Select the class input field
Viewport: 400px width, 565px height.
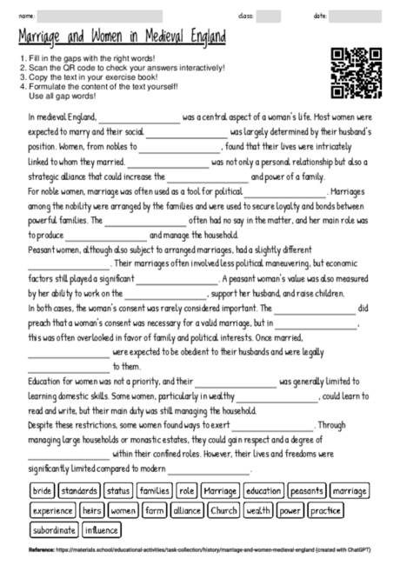(268, 17)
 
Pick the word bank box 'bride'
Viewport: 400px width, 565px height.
(42, 491)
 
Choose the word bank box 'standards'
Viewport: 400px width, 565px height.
(80, 491)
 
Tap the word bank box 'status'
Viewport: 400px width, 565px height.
(119, 491)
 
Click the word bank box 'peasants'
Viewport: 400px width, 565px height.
(307, 491)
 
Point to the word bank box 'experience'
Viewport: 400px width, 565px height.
(52, 510)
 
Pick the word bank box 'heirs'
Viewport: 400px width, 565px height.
(92, 510)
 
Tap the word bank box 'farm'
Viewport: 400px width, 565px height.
(155, 510)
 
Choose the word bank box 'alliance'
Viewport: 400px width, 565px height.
(187, 510)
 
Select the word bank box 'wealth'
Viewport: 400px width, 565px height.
(259, 510)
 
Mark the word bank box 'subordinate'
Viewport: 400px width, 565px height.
(54, 529)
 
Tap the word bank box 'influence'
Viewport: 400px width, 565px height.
(102, 529)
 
